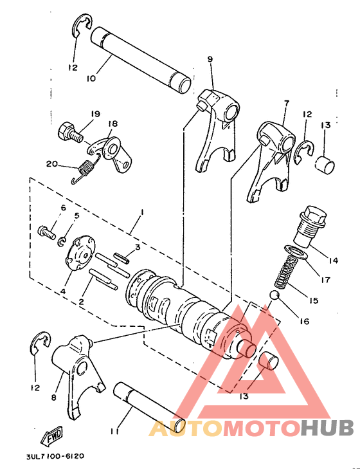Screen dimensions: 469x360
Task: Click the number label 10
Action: click(x=90, y=78)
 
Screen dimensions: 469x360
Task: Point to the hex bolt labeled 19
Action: click(x=69, y=133)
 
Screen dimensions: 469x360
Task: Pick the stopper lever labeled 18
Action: click(x=114, y=154)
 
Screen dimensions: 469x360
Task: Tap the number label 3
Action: click(x=137, y=246)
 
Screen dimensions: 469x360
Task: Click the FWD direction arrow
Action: click(x=51, y=439)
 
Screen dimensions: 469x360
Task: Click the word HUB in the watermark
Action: click(x=326, y=428)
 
